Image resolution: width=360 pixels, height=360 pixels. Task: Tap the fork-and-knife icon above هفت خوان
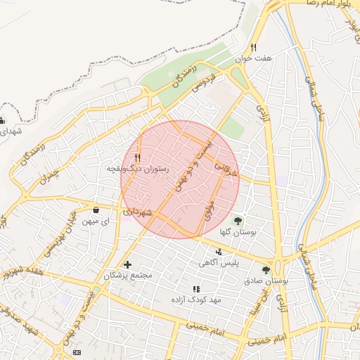click(258, 46)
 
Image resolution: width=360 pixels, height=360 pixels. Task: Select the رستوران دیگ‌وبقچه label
click(136, 169)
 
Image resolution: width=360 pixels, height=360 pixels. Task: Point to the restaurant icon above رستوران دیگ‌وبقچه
click(138, 157)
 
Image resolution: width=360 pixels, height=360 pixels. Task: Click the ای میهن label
click(96, 221)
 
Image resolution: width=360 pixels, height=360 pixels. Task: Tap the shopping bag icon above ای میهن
click(96, 210)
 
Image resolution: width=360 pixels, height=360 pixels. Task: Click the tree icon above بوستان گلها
click(236, 221)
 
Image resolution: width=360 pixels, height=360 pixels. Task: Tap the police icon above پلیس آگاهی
click(219, 252)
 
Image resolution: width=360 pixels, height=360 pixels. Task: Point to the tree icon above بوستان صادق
click(265, 269)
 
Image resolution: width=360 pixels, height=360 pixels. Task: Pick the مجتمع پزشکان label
click(128, 276)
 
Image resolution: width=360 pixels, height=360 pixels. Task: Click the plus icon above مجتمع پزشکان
click(127, 264)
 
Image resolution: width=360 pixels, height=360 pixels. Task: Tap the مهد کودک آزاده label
click(197, 300)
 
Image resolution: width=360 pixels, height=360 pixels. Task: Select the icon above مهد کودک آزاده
click(197, 289)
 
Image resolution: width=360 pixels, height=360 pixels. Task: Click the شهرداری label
click(136, 212)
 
